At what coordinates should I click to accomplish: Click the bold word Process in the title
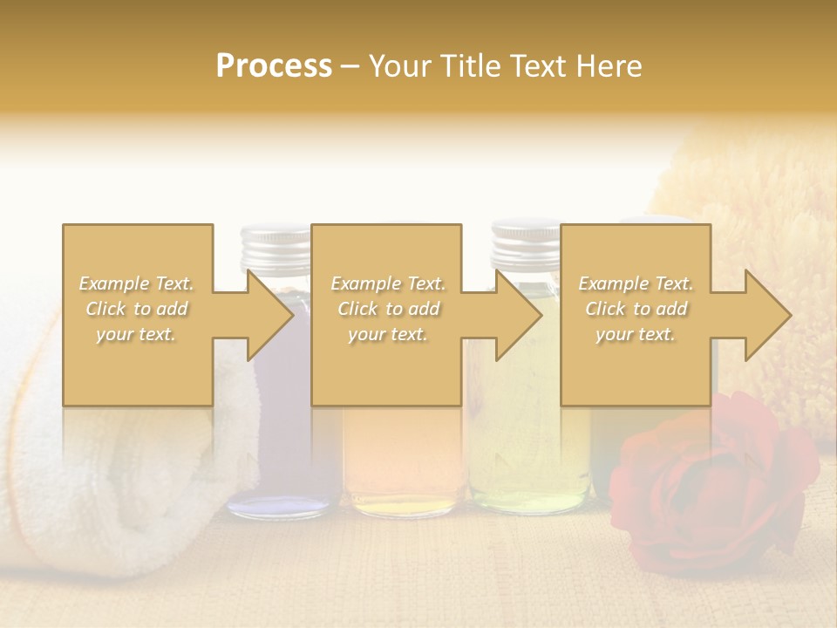[274, 66]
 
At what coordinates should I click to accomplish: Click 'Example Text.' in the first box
[137, 283]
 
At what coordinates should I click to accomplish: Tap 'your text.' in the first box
[137, 334]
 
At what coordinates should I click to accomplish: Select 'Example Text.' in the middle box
[387, 283]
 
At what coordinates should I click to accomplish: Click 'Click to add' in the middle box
[387, 309]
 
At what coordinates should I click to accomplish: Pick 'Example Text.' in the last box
[636, 283]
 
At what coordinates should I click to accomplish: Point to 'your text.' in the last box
[636, 334]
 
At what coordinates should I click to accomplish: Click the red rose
[711, 484]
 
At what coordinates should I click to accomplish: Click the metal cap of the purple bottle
[276, 246]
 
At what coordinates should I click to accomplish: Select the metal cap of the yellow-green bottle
[525, 244]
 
